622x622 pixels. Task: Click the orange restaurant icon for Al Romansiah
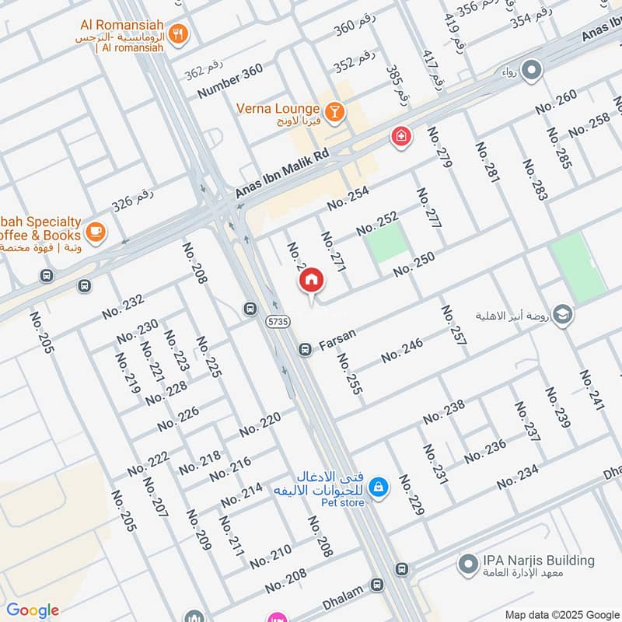180,33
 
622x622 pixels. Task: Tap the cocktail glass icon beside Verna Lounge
335,113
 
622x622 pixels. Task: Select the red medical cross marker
400,136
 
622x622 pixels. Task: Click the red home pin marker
311,281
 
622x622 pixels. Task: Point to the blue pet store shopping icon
378,487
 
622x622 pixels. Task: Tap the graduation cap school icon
564,315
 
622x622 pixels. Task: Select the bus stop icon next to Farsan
305,349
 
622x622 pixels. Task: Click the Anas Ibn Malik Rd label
283,173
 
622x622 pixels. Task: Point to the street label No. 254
348,197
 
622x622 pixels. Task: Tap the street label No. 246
402,351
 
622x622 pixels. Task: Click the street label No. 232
123,306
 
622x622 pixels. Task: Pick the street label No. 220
260,425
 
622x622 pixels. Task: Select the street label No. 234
518,476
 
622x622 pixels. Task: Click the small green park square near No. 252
386,241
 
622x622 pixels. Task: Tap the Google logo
33,610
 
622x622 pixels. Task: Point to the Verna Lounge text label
278,109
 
